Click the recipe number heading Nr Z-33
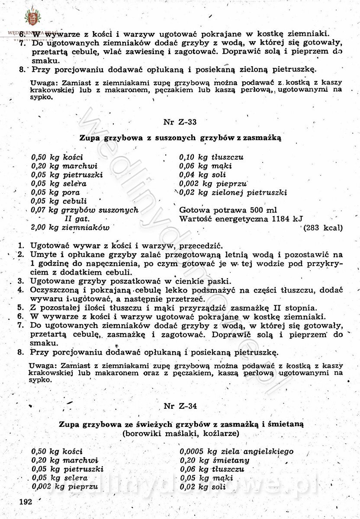pyautogui.click(x=180, y=122)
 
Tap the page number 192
pyautogui.click(x=26, y=502)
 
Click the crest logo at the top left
pyautogui.click(x=31, y=18)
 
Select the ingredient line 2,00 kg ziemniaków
pyautogui.click(x=70, y=227)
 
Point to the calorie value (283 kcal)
pyautogui.click(x=323, y=227)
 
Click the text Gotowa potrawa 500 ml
pyautogui.click(x=228, y=210)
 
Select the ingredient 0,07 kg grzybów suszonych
pyautogui.click(x=84, y=210)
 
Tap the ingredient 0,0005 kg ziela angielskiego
pyautogui.click(x=236, y=452)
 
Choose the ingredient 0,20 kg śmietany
pyautogui.click(x=214, y=460)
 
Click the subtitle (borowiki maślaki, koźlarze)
pyautogui.click(x=180, y=432)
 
